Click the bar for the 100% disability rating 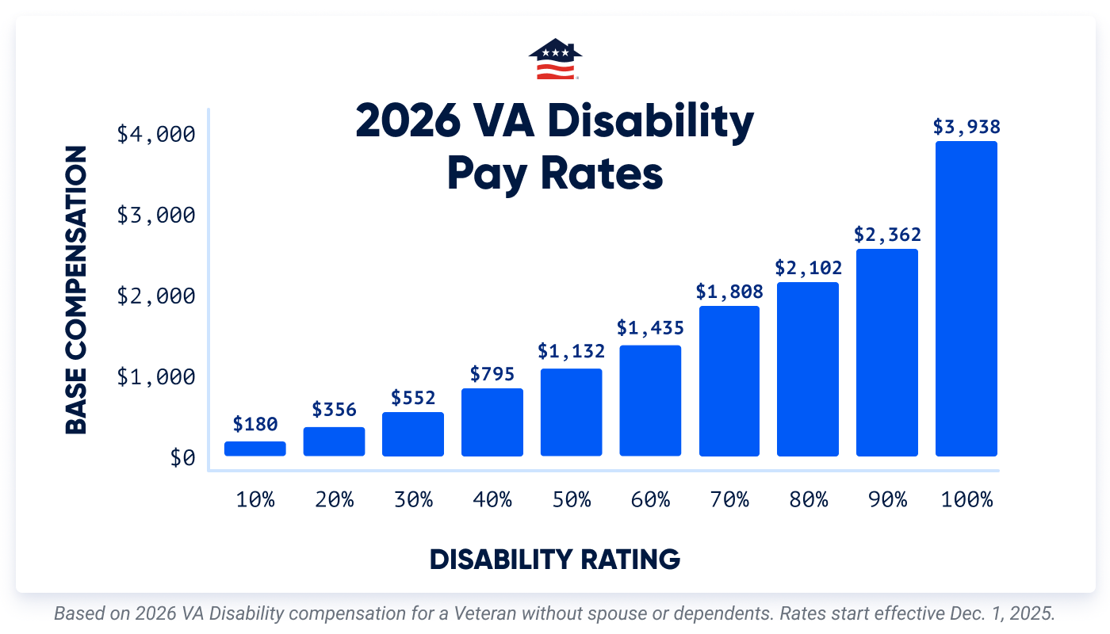coord(966,299)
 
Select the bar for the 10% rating coord(255,449)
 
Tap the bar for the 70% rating coord(729,381)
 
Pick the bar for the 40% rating coord(492,422)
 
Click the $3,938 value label coord(966,127)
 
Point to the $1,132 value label coord(571,351)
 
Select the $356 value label coord(334,410)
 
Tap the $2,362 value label coord(887,235)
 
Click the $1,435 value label coord(650,327)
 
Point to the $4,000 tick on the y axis coord(155,135)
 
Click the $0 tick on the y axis coord(182,458)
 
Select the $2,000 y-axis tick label coord(155,296)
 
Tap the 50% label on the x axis coord(571,500)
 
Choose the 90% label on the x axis coord(887,500)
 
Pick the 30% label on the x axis coord(413,500)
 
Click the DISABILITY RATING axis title coord(555,560)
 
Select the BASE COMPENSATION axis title coord(76,290)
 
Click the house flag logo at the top coord(555,60)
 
